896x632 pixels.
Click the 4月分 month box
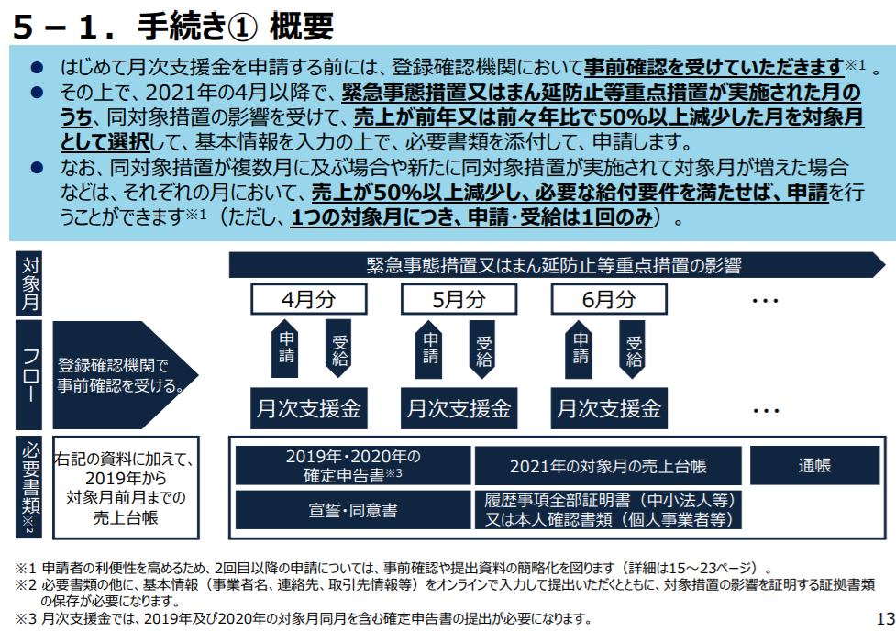pos(308,299)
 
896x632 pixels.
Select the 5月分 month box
pos(459,299)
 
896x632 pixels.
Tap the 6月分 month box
pos(609,299)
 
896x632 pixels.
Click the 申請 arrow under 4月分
pos(284,348)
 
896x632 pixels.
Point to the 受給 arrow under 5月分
pos(483,349)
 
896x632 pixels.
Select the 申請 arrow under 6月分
pos(579,348)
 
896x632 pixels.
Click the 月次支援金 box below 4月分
pos(308,408)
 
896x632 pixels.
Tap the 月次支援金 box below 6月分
pos(609,408)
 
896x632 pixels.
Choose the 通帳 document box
pos(815,465)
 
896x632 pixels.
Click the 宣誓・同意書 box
pos(353,510)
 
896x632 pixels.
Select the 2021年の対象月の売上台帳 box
pos(608,465)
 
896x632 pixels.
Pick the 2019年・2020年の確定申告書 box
pos(353,465)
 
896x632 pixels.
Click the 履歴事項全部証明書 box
pos(608,510)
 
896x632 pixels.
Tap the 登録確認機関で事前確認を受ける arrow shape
pos(125,375)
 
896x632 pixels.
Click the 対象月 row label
pos(29,283)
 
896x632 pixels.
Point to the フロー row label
pos(29,375)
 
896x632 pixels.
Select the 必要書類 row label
pos(29,487)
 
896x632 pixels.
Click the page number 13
pos(885,619)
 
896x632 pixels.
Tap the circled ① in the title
pos(243,28)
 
